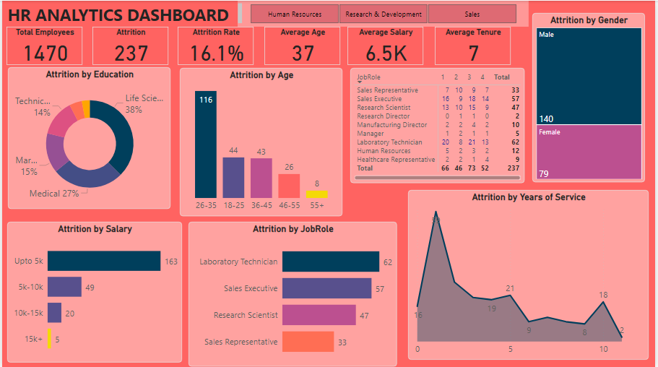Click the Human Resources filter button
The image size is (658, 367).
point(295,14)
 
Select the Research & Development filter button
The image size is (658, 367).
point(384,14)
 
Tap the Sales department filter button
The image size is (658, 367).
point(472,14)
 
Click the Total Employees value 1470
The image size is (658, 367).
point(46,53)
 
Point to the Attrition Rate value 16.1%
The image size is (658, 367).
point(217,53)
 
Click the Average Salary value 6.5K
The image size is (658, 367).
point(386,53)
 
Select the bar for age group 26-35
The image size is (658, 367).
point(206,144)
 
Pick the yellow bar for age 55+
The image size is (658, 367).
point(316,194)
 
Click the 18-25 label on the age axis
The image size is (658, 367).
point(233,205)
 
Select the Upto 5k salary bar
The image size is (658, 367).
point(104,261)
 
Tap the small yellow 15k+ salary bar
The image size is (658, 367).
point(49,338)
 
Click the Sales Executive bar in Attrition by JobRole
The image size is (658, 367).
point(326,288)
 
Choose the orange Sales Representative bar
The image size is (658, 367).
point(308,342)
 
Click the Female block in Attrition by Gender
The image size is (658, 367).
point(589,152)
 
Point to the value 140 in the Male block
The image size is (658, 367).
point(547,118)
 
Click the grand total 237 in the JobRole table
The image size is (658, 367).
point(512,168)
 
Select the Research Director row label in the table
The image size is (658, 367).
point(383,116)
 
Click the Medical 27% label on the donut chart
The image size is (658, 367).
point(54,194)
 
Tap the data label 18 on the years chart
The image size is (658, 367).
point(603,295)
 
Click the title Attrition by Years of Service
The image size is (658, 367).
point(528,197)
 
